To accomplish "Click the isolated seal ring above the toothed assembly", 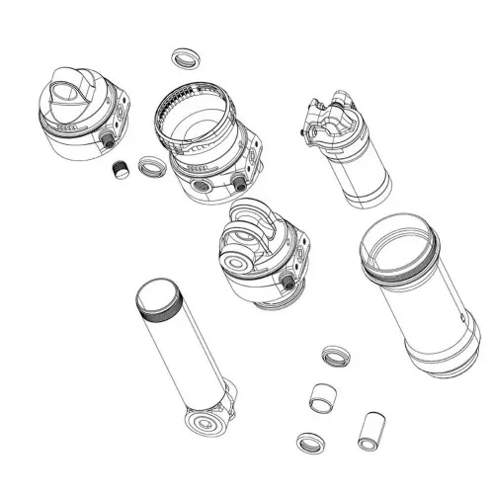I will (x=182, y=56).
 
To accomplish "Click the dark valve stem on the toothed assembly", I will (x=239, y=183).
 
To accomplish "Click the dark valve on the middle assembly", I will (x=288, y=282).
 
